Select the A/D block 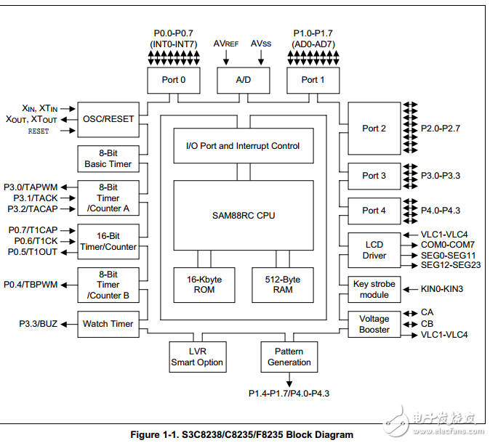pyautogui.click(x=244, y=80)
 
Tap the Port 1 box pyautogui.click(x=313, y=80)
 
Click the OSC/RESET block pyautogui.click(x=108, y=119)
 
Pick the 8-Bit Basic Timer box pyautogui.click(x=108, y=158)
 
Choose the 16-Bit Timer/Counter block pyautogui.click(x=108, y=241)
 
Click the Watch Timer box pyautogui.click(x=108, y=324)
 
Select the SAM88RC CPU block pyautogui.click(x=243, y=216)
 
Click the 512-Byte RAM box pyautogui.click(x=283, y=285)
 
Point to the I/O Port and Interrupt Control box pyautogui.click(x=243, y=146)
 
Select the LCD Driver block pyautogui.click(x=374, y=250)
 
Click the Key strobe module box pyautogui.click(x=374, y=289)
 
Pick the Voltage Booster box pyautogui.click(x=374, y=324)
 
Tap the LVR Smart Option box pyautogui.click(x=197, y=357)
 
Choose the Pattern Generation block pyautogui.click(x=289, y=357)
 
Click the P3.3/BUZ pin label pyautogui.click(x=39, y=324)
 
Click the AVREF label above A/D pyautogui.click(x=226, y=44)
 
